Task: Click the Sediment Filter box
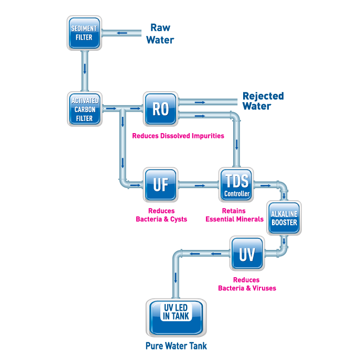[84, 32]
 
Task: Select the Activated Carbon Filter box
[84, 109]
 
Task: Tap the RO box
[160, 108]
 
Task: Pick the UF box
[160, 185]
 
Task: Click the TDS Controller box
[237, 185]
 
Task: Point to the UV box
[247, 254]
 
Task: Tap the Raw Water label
[160, 34]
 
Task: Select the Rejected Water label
[263, 101]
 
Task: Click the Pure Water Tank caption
[176, 346]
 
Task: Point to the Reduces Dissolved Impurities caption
[178, 136]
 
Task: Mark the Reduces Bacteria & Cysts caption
[161, 215]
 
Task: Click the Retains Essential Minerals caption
[234, 215]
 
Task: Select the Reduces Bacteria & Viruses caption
[247, 284]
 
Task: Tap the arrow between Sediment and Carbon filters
[84, 69]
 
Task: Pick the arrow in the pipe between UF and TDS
[199, 185]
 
